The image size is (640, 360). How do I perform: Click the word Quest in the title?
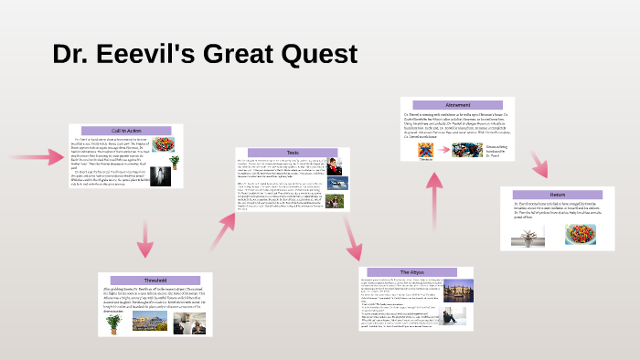tap(312, 53)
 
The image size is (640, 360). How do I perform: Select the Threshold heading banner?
tap(155, 281)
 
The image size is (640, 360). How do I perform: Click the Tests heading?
tap(293, 154)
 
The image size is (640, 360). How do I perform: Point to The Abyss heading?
tap(417, 272)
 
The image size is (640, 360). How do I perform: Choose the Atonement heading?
tap(458, 104)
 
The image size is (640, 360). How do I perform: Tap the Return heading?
tap(558, 195)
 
